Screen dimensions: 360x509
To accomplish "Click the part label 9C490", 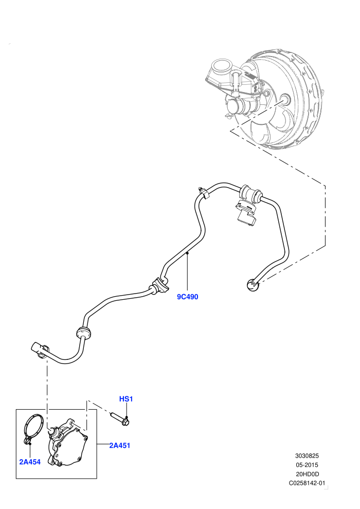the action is [x=187, y=296].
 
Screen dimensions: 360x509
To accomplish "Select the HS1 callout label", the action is [x=126, y=398].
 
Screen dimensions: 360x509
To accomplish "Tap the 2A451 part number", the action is [x=119, y=445].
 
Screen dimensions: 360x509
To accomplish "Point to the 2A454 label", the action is [x=30, y=462].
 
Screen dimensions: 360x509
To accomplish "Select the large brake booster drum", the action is [x=283, y=99].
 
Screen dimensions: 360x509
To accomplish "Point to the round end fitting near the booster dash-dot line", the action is [x=252, y=285].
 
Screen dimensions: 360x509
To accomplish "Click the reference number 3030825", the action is [x=307, y=456].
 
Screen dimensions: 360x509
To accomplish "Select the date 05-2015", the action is [x=307, y=465].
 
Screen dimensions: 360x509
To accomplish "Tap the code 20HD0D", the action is [x=307, y=474].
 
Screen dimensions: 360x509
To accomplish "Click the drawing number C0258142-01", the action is [x=307, y=483].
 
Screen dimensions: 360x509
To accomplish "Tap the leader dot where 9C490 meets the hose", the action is [x=187, y=252].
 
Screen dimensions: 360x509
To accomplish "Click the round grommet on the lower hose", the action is [x=84, y=333].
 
